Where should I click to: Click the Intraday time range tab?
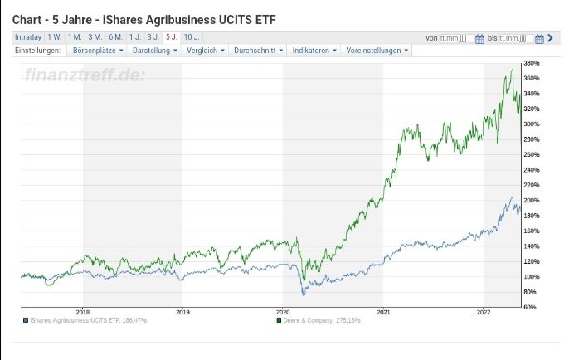(28, 37)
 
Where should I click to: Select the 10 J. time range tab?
(191, 37)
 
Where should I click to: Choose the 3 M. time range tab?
(95, 37)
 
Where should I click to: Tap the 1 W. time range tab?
(54, 37)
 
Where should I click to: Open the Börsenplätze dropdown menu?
(98, 51)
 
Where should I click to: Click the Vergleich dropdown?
(206, 51)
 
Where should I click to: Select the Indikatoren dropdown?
(314, 51)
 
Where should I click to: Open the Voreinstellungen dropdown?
(377, 51)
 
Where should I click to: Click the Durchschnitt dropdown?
(258, 51)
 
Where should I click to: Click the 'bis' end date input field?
(515, 38)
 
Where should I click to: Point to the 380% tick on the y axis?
(532, 63)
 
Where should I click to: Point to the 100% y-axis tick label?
(532, 276)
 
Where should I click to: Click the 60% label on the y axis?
(530, 307)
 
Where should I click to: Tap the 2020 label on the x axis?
(284, 313)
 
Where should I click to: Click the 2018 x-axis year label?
(82, 313)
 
